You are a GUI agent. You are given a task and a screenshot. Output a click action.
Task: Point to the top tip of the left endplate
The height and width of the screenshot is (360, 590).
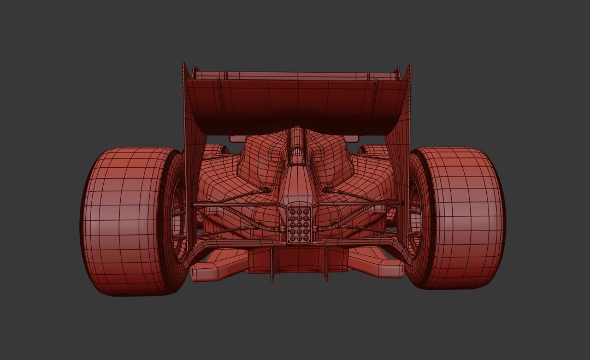point(184,64)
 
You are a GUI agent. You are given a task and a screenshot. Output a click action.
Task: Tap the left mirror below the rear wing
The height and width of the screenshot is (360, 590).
point(240,138)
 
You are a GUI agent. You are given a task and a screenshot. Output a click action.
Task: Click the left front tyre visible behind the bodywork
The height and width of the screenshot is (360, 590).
point(217,149)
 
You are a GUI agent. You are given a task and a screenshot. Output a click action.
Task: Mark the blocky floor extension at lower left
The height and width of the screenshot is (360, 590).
point(210,271)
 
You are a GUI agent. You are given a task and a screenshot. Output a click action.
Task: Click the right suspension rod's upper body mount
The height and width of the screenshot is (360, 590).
point(327,190)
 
